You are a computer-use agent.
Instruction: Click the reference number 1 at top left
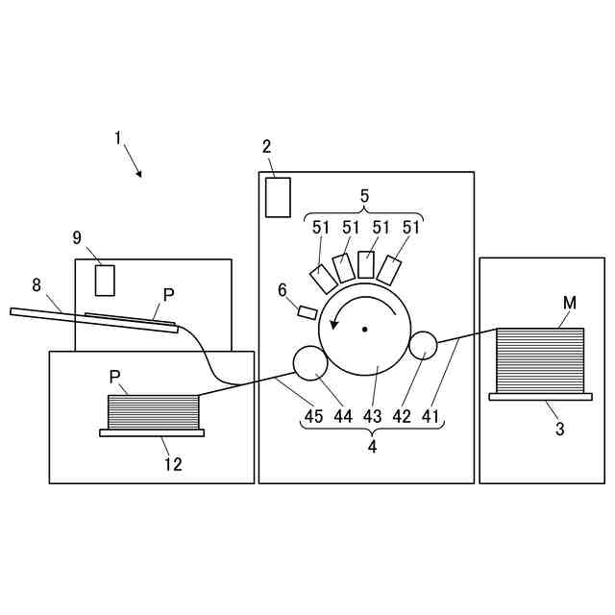point(118,138)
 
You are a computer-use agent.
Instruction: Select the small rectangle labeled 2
point(278,197)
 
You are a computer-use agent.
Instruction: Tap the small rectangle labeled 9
point(105,280)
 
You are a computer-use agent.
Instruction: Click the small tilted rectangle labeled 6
point(307,312)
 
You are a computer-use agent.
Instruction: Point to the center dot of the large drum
point(365,330)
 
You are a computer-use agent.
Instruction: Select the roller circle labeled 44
point(309,363)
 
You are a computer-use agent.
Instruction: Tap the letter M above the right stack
point(570,304)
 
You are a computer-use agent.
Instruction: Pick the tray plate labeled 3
point(540,396)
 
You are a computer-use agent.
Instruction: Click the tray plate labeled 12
point(152,432)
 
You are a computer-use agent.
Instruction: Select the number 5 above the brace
point(364,195)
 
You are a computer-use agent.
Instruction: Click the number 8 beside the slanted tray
point(37,284)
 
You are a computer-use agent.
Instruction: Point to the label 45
point(314,417)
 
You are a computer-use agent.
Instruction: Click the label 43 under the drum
point(372,417)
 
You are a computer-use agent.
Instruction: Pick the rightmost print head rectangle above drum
point(388,269)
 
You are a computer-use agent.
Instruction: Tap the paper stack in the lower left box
point(153,412)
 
